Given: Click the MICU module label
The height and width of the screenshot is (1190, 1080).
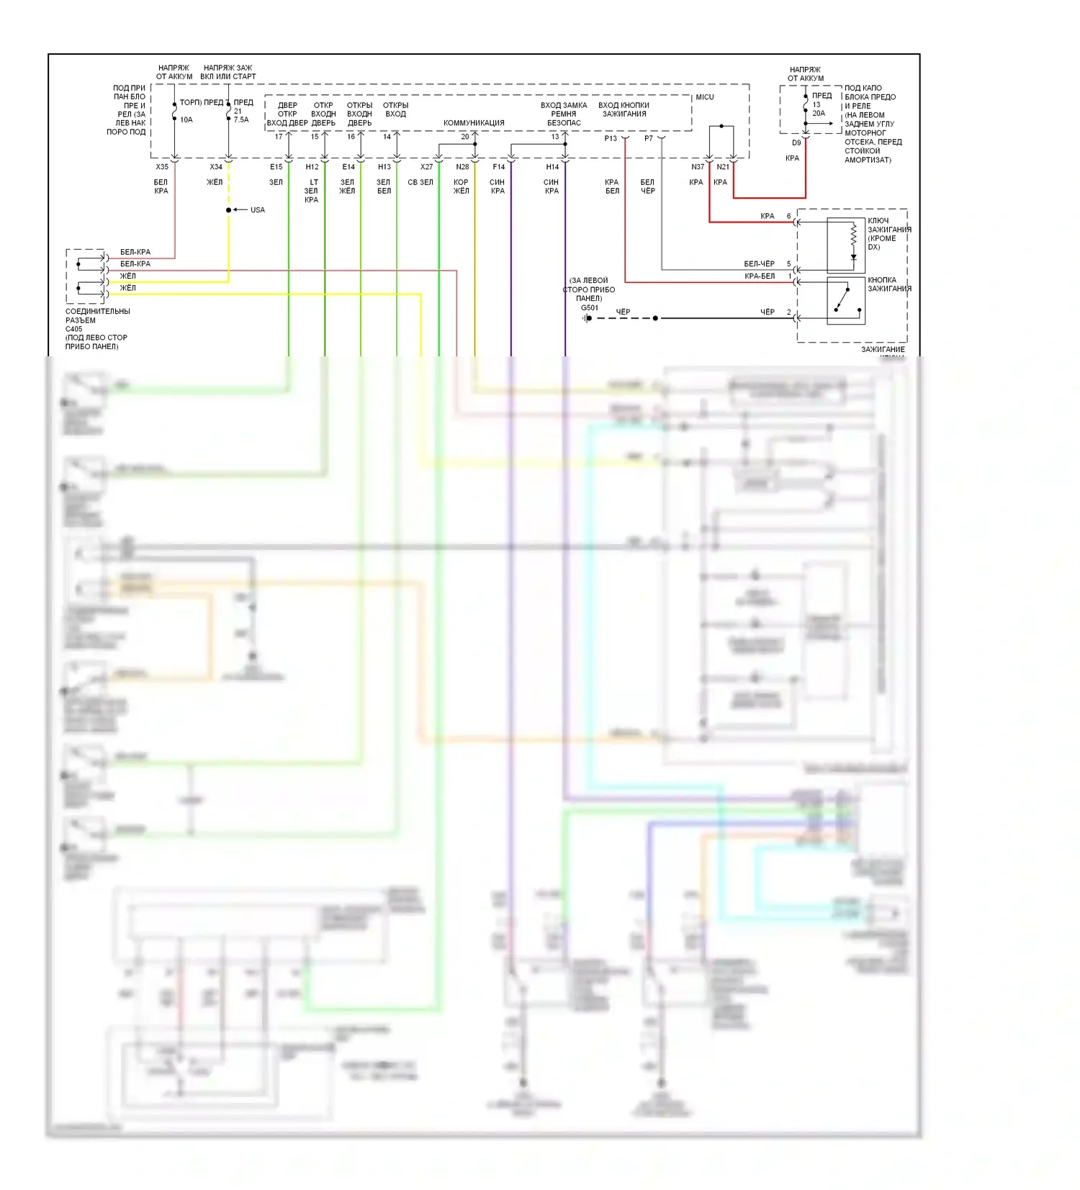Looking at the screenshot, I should click(704, 97).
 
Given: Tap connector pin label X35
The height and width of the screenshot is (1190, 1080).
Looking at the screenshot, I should click(162, 167).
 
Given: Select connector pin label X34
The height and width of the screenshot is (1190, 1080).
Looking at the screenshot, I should click(216, 167).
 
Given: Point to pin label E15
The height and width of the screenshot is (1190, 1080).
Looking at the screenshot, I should click(276, 167).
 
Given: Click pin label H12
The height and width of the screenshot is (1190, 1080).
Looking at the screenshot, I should click(312, 167).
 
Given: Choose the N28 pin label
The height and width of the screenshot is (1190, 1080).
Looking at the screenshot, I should click(462, 167).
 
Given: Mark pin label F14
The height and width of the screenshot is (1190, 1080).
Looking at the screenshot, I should click(498, 167).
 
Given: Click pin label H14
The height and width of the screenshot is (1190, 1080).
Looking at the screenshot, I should click(552, 167).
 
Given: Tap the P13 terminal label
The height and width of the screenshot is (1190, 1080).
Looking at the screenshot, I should click(611, 138).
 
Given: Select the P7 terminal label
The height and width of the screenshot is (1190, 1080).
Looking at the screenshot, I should click(649, 138).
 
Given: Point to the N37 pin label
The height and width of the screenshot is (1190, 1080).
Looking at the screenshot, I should click(698, 167).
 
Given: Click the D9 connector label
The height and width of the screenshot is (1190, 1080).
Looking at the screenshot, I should click(796, 143).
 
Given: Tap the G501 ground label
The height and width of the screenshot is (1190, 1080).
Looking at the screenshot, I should click(590, 308).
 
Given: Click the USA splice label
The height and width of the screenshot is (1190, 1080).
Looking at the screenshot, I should click(258, 210).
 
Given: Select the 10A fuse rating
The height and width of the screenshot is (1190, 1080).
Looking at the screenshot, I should click(186, 120).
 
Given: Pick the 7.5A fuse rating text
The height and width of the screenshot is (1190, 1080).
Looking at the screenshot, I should click(241, 120).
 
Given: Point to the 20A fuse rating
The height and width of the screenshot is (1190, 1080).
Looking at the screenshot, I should click(819, 114).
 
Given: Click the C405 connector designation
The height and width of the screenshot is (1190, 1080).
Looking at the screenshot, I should click(74, 329).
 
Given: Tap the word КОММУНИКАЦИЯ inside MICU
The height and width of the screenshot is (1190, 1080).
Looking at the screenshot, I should click(474, 123).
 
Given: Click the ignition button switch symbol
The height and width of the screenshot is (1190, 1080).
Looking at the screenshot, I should click(845, 300).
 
